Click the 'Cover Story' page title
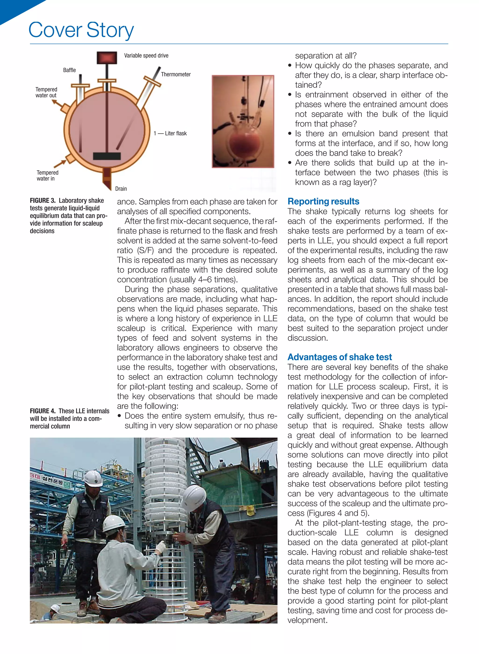(81, 30)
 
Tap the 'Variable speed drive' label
(146, 55)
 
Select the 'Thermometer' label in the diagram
(176, 74)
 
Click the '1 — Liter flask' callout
(170, 133)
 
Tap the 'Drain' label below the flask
(121, 189)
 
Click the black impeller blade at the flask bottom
(107, 156)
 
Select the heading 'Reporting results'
(323, 201)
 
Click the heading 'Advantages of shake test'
(340, 357)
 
